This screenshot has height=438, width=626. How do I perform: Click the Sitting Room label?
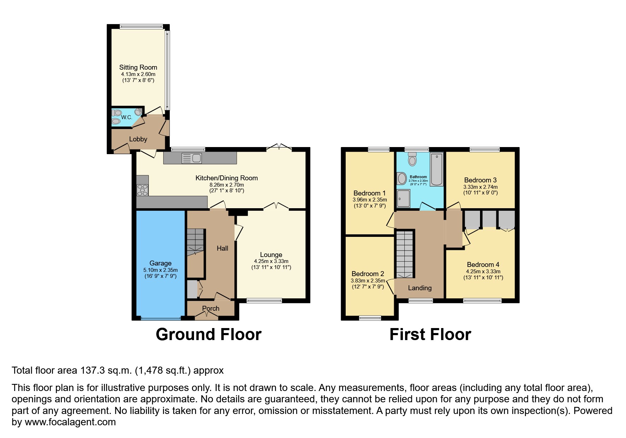coord(138,67)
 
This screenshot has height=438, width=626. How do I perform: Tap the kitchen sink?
coord(192,158)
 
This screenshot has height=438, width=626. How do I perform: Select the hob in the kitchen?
coord(142,190)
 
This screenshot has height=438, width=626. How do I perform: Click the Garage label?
coord(160,263)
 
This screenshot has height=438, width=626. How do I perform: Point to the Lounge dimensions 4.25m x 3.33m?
coord(271,261)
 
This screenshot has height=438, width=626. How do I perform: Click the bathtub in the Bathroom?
coord(437,169)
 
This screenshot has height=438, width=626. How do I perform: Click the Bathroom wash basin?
coord(402,178)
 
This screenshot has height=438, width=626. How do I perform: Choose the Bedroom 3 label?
coord(480,180)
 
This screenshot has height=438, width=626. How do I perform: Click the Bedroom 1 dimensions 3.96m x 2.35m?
coord(370,200)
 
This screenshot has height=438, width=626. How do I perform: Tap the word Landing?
coord(420,288)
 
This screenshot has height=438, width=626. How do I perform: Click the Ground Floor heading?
coord(209,334)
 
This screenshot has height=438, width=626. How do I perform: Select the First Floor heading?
coord(430,334)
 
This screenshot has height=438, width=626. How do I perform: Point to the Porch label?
coord(211,309)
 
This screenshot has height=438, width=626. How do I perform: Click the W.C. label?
coord(127,117)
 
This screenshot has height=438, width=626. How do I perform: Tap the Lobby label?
coord(138,139)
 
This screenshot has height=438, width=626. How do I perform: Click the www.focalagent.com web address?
coord(70,422)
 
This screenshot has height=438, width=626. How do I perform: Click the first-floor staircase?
coord(404,254)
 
